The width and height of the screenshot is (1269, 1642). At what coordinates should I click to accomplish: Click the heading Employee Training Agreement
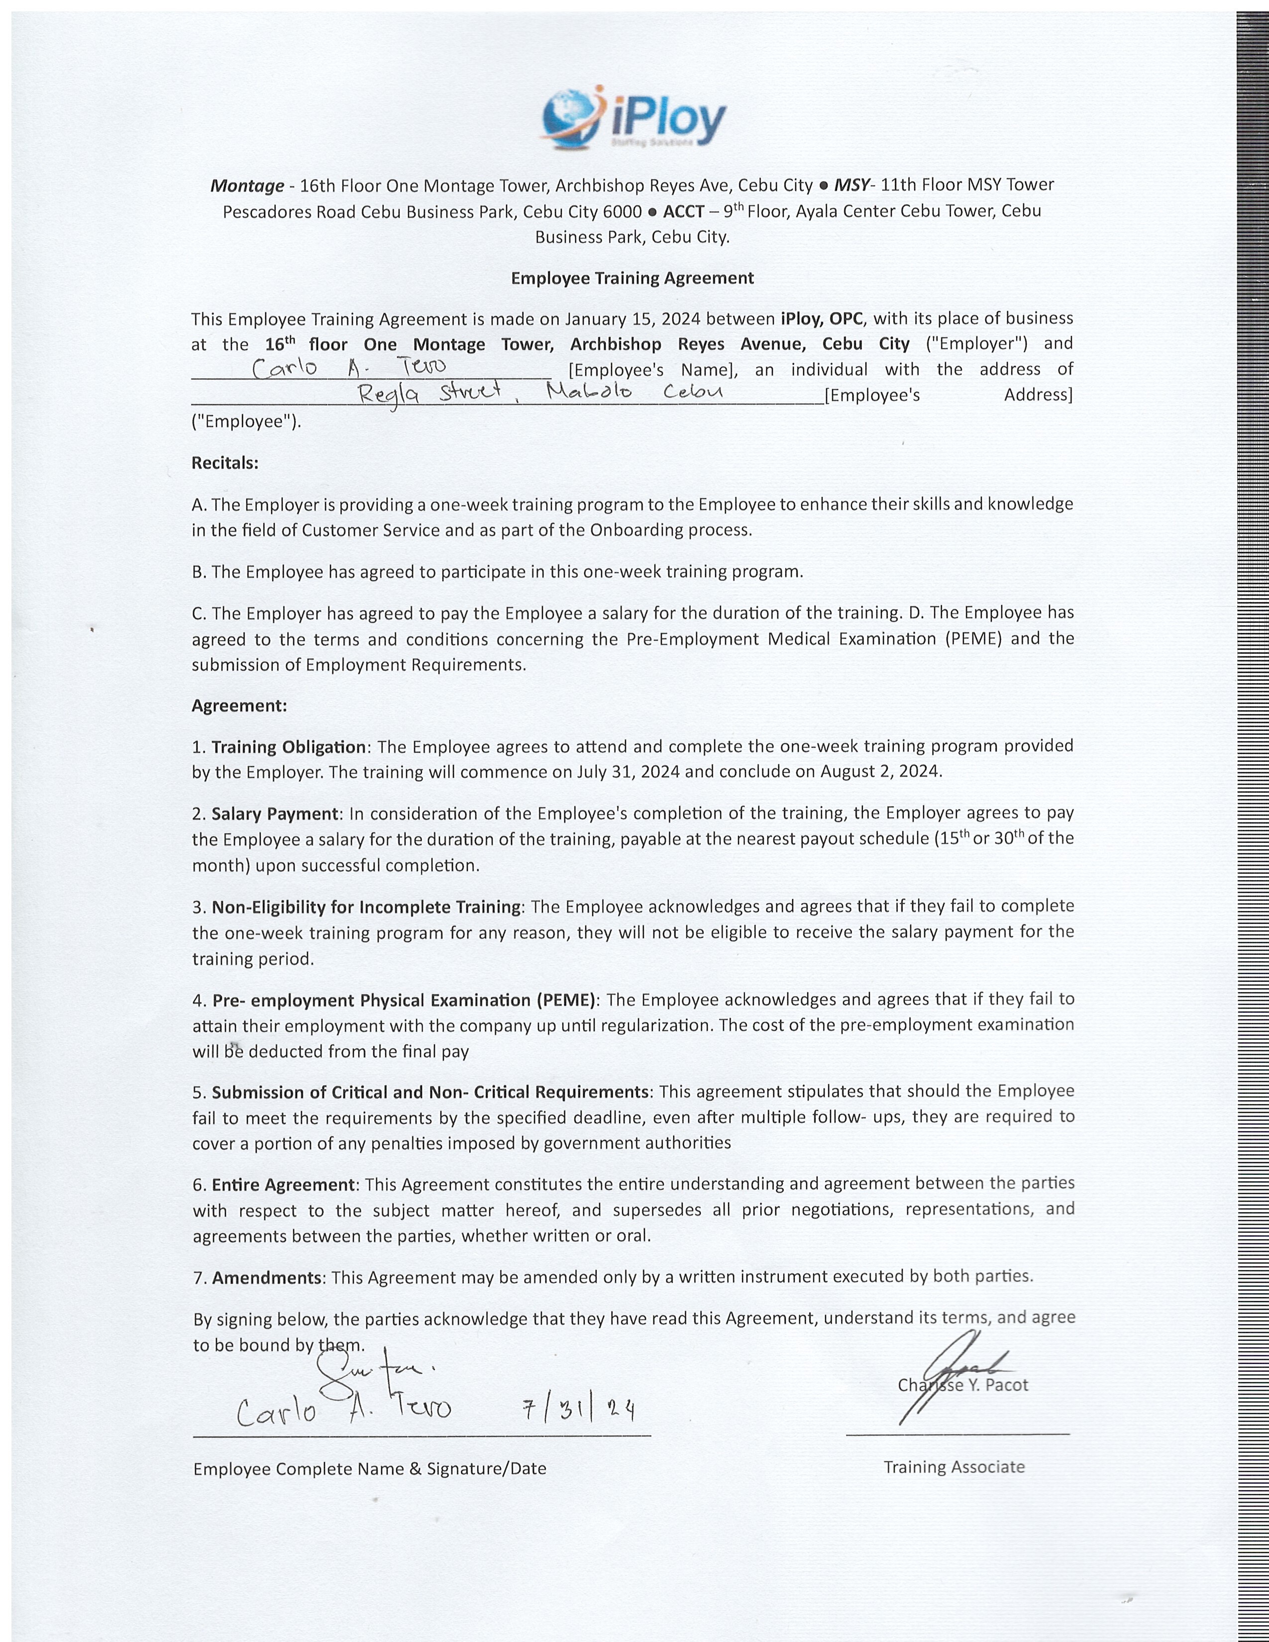(x=632, y=278)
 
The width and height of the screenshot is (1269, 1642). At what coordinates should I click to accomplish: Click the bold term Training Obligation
(x=289, y=746)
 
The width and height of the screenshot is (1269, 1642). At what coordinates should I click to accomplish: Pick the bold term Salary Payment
(x=275, y=814)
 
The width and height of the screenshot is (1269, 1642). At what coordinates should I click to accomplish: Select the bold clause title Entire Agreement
(x=284, y=1184)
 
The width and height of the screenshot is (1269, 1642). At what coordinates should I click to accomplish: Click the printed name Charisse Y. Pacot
(x=963, y=1385)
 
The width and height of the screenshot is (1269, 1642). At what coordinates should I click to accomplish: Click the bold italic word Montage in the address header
(x=246, y=186)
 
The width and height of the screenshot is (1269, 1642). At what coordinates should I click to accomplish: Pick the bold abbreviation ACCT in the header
(x=683, y=211)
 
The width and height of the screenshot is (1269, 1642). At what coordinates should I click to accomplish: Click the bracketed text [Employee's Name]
(x=651, y=370)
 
